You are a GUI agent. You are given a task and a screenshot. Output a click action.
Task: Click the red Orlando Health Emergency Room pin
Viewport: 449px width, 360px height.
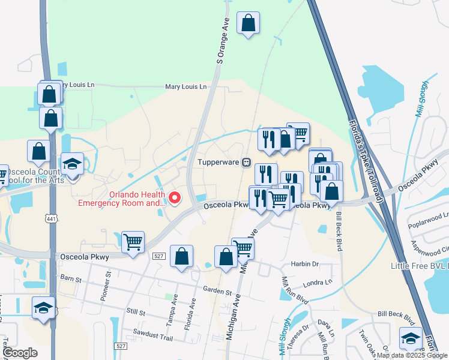(x=175, y=197)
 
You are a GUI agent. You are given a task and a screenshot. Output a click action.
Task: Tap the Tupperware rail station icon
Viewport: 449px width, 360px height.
(x=246, y=163)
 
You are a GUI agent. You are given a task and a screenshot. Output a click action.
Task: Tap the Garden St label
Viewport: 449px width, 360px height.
(x=217, y=292)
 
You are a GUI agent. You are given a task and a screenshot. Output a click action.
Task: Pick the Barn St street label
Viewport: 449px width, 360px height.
(x=70, y=279)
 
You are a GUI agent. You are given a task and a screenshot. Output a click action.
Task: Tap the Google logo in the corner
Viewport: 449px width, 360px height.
(x=20, y=353)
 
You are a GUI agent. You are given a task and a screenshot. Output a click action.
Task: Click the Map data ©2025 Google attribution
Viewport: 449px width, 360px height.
(x=411, y=355)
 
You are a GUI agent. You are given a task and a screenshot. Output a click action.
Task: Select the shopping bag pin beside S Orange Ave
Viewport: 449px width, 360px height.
(x=248, y=24)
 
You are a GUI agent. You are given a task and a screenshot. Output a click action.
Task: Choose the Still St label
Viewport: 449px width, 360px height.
(x=137, y=313)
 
